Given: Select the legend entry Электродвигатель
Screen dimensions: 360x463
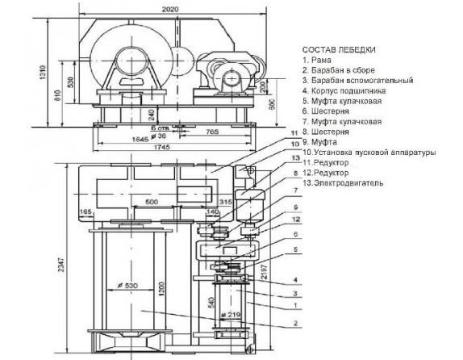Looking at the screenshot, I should pos(350,183).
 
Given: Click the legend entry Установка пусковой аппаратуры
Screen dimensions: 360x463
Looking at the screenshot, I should pos(369,153).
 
